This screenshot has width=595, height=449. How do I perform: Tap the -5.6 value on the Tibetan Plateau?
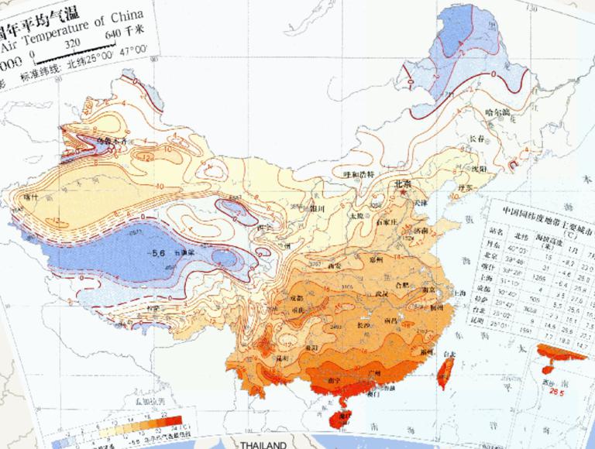[x=160, y=253]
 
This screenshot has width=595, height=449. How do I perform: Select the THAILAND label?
[x=263, y=444]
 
